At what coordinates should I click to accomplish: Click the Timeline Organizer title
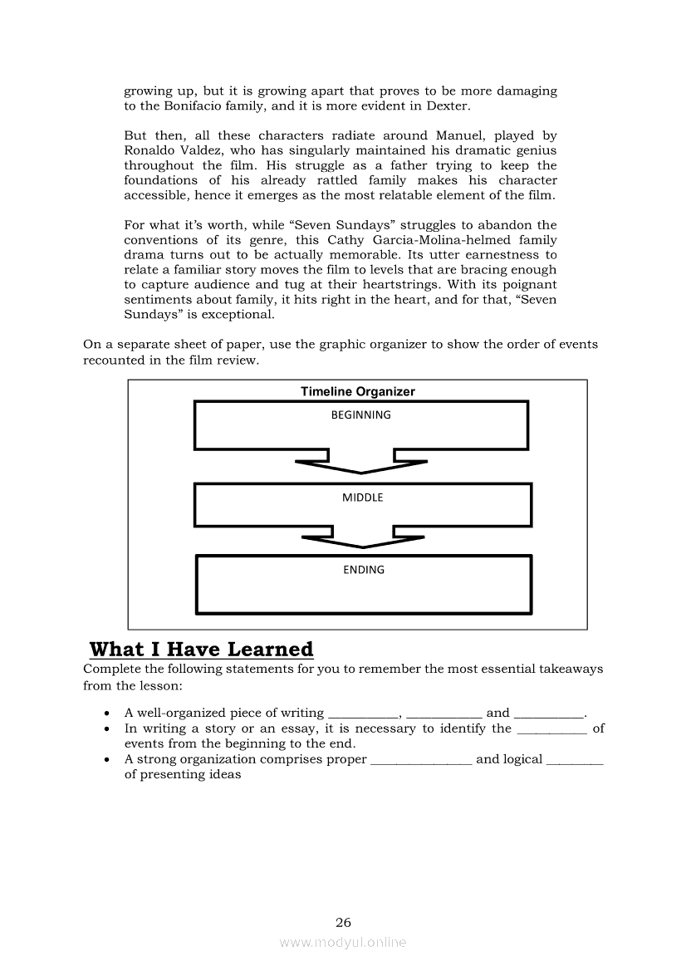357,391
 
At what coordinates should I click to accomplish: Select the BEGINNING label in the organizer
360,414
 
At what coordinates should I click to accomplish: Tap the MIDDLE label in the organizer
362,498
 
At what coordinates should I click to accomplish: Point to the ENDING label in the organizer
364,570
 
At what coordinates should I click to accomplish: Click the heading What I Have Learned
201,649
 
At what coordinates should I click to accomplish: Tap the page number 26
343,922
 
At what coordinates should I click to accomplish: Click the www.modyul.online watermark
343,942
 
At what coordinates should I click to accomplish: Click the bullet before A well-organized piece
107,714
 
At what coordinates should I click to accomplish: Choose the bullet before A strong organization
107,760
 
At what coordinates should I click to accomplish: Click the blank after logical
575,760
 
